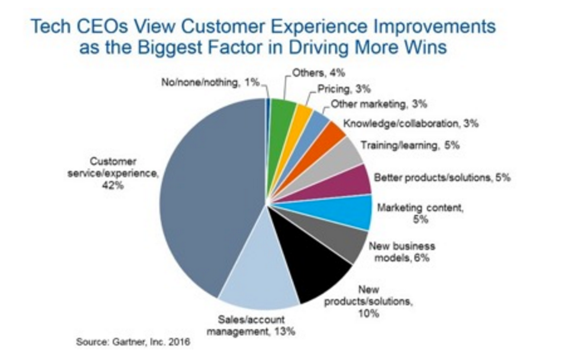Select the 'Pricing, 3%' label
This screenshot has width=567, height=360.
point(344,90)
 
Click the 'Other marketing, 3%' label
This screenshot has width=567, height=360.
point(379,104)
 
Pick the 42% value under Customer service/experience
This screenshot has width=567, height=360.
point(113,186)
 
